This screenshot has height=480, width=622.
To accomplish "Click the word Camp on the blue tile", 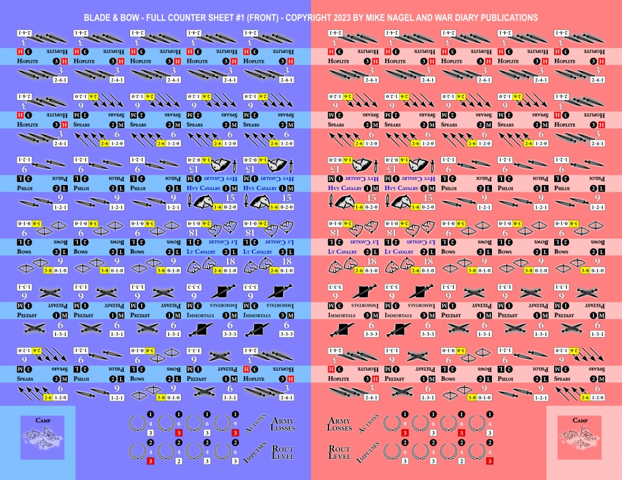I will coord(43,421).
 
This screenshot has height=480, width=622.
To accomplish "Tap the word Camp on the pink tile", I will coord(579,421).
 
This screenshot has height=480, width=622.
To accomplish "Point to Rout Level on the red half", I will coord(339,453).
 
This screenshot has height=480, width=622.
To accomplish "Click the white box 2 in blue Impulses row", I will coord(179,461).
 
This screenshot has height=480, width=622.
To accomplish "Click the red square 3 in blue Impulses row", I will coord(150,461).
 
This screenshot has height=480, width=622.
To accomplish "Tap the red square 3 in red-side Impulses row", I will coord(490,461).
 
